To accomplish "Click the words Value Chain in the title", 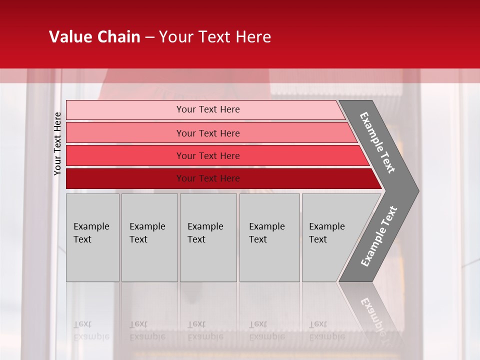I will tap(94, 37).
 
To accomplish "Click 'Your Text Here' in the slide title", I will tap(215, 37).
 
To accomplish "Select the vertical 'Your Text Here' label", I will tap(57, 143).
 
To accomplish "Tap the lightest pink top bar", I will tap(125, 109).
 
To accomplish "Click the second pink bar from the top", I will tap(125, 133).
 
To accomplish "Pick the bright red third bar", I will tap(125, 155).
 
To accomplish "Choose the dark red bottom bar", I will tap(125, 178).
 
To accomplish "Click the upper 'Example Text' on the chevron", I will tap(377, 142).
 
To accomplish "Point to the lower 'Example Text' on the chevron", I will tap(379, 236).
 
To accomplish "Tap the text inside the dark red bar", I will tap(208, 178).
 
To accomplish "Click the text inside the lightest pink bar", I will tap(208, 109).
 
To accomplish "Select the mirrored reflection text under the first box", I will tap(91, 330).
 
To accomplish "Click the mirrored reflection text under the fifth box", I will tap(326, 330).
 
